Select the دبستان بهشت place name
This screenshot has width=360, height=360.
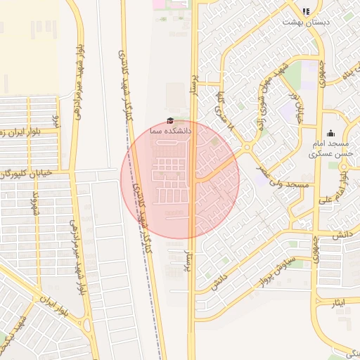coord(306,22)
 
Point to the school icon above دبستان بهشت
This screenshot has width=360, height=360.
coord(306,11)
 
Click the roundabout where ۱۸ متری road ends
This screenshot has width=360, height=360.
coord(247,148)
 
